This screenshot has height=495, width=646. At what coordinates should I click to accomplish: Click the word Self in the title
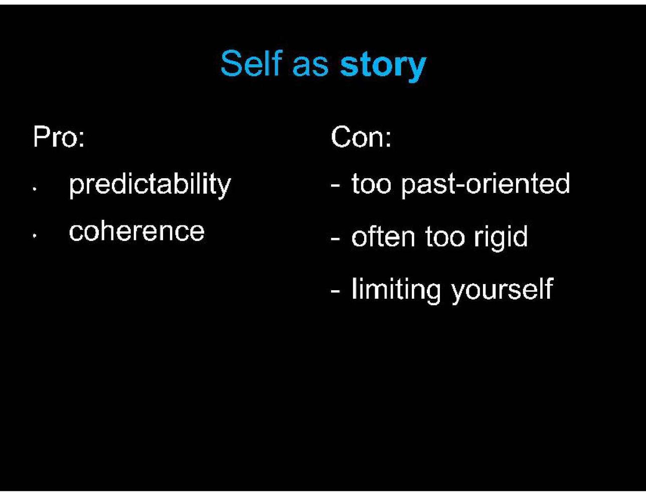point(251,63)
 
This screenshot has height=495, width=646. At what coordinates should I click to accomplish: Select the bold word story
point(384,67)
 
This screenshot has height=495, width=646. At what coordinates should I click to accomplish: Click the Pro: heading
point(59,137)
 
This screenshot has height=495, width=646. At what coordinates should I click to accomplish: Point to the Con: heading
point(361,137)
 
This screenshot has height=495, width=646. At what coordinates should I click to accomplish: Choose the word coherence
point(137,232)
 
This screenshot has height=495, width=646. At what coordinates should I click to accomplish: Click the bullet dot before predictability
point(35,189)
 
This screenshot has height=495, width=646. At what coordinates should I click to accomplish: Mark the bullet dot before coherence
point(35,236)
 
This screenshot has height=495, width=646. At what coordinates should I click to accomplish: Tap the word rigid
point(501,238)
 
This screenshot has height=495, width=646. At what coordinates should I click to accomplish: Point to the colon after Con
point(388,140)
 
